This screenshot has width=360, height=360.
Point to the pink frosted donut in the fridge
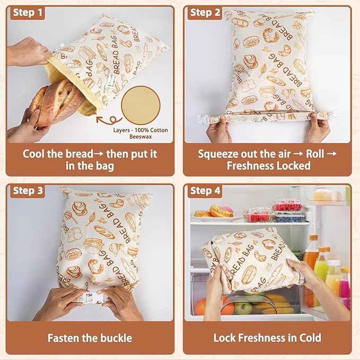pyautogui.click(x=223, y=211)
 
